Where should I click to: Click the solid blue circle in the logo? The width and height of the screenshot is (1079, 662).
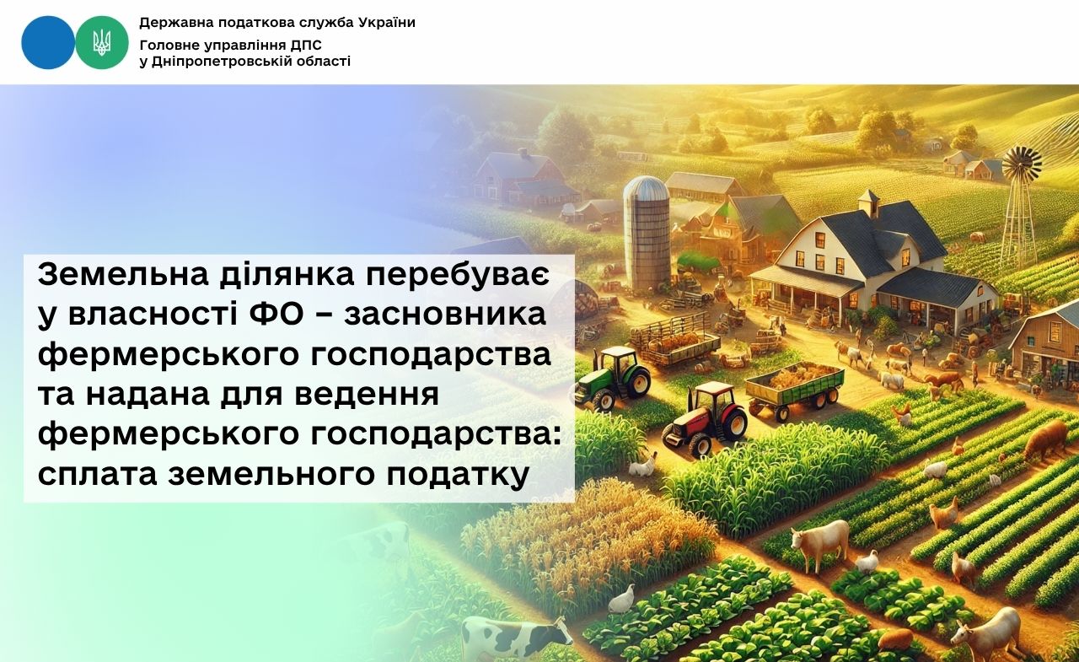pos(48,42)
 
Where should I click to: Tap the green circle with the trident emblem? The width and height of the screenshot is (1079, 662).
pos(102,42)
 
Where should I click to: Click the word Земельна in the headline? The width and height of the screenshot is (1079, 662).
pos(123,275)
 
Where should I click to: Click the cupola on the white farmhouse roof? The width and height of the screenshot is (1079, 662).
pos(868,202)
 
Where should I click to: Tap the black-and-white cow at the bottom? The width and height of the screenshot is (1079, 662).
pos(515,635)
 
